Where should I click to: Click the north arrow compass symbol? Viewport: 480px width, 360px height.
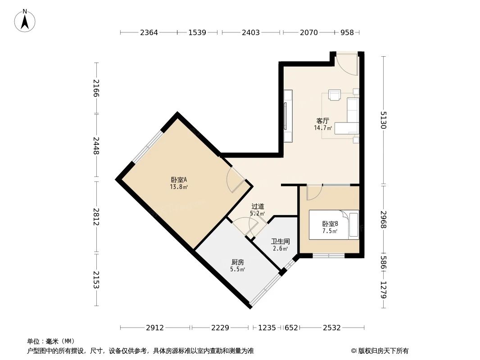[x=25, y=21]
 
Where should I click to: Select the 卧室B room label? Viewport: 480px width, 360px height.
[x=330, y=224]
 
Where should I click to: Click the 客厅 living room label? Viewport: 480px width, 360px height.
[x=322, y=121]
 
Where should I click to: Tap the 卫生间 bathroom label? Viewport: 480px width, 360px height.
[x=280, y=241]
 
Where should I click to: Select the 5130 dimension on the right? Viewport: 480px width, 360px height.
[x=383, y=120]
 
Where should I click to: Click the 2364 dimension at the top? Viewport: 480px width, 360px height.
[x=149, y=32]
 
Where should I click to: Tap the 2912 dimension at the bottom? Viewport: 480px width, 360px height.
[x=155, y=328]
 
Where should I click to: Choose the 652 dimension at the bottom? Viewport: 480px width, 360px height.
[x=291, y=328]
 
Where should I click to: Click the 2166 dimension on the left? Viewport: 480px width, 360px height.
[x=96, y=88]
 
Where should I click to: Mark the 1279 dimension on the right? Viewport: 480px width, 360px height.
[x=383, y=290]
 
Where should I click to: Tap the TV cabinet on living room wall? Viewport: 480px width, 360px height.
[x=288, y=116]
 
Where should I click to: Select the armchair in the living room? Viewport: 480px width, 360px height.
[x=335, y=94]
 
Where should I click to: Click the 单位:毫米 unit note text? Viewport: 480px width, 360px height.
[x=51, y=341]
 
